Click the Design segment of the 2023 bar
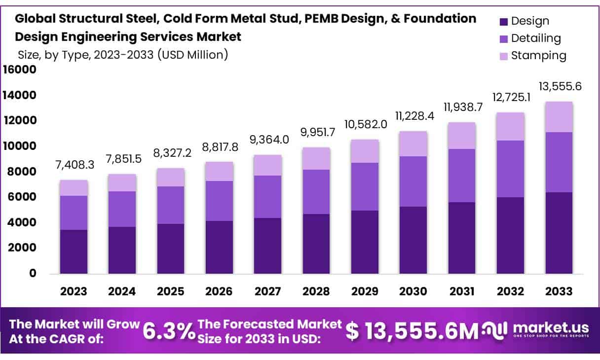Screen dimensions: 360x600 click(x=74, y=252)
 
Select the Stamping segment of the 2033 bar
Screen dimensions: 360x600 click(x=559, y=117)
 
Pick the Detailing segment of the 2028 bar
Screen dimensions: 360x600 click(x=316, y=192)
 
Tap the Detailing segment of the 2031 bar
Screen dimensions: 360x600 click(x=462, y=176)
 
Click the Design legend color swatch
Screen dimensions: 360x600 click(x=504, y=22)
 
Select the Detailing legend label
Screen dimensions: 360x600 click(x=536, y=38)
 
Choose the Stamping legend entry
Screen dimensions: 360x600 click(x=533, y=55)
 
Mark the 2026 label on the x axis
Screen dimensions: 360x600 click(x=219, y=291)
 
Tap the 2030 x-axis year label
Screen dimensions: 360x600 click(x=413, y=291)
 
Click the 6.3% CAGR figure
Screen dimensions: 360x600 click(x=169, y=331)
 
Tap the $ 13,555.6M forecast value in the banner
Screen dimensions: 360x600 click(x=412, y=331)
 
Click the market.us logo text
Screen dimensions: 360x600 click(x=551, y=327)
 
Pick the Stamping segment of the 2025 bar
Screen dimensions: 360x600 click(x=171, y=177)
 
